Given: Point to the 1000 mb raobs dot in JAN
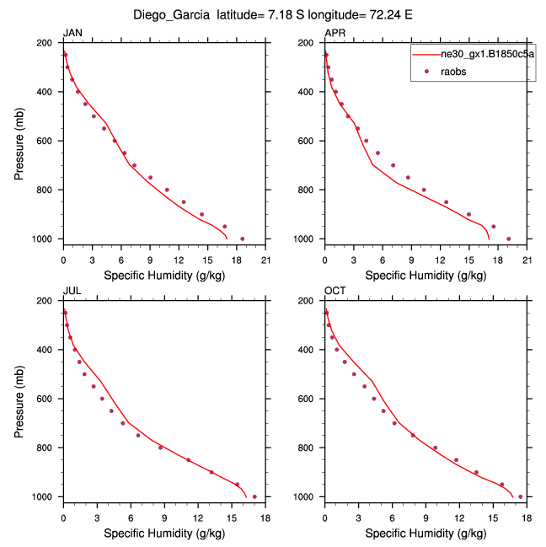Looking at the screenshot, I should [x=243, y=239].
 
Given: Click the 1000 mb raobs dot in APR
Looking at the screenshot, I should [x=509, y=239].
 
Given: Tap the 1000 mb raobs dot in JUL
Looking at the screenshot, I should [x=254, y=496].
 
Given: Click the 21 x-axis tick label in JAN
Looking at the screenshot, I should [x=265, y=260].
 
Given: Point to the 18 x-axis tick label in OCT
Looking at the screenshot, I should [x=527, y=518].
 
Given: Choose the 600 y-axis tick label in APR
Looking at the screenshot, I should [x=310, y=141].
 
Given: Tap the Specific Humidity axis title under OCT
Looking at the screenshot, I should [x=426, y=534].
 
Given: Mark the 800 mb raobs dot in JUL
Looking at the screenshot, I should [x=160, y=448].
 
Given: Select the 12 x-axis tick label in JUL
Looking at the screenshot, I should [x=198, y=518].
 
